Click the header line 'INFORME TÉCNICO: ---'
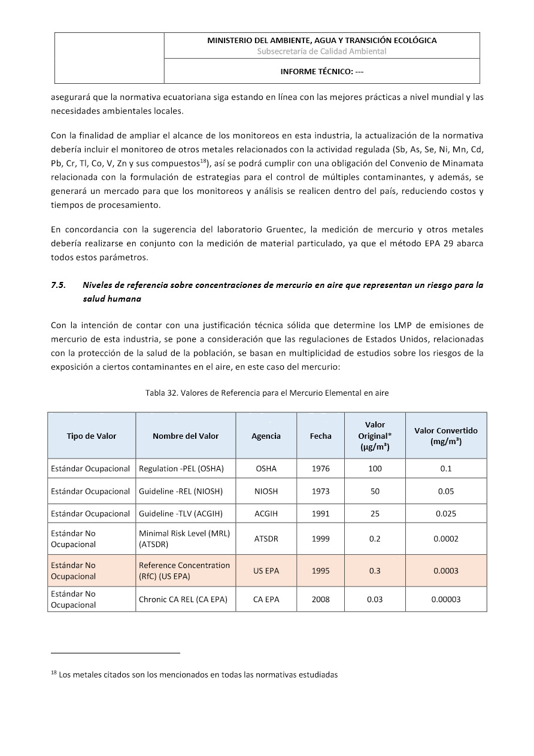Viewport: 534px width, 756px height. pos(322,71)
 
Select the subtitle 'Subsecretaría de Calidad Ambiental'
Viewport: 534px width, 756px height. pos(322,51)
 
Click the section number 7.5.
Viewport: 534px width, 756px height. pos(59,286)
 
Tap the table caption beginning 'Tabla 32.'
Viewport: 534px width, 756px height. pos(267,393)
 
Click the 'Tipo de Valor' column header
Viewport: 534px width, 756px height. pos(92,436)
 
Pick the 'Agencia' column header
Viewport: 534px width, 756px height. pos(266,436)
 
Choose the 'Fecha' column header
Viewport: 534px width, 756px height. pos(321,436)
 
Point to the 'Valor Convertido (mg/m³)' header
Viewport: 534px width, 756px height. pos(446,436)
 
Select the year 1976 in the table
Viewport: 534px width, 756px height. pos(321,469)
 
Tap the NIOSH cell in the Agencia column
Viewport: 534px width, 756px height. pos(266,491)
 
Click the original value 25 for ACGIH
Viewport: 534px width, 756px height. pos(375,514)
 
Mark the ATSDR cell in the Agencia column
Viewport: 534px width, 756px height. pos(266,539)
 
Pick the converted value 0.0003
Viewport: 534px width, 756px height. pos(446,570)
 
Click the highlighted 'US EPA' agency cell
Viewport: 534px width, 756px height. pos(266,570)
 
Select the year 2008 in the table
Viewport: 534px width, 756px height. pos(321,599)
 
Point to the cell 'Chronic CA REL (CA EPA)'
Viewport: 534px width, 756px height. pos(183,599)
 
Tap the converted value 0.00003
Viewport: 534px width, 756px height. pos(446,599)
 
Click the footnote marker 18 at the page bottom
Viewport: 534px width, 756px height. pos(54,673)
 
